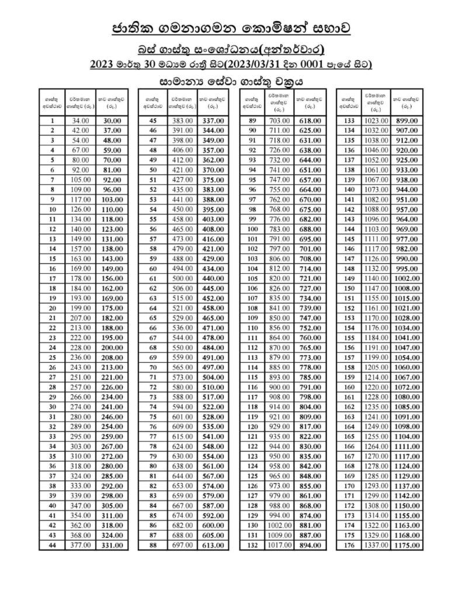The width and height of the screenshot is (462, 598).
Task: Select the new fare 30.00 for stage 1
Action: coord(112,120)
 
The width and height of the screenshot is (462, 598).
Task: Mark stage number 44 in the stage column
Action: coord(53,545)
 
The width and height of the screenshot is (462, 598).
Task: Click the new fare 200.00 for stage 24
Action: coord(112,348)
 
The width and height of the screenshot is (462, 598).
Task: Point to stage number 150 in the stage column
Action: coord(349,288)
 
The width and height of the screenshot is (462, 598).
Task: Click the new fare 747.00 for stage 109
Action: coord(309,318)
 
